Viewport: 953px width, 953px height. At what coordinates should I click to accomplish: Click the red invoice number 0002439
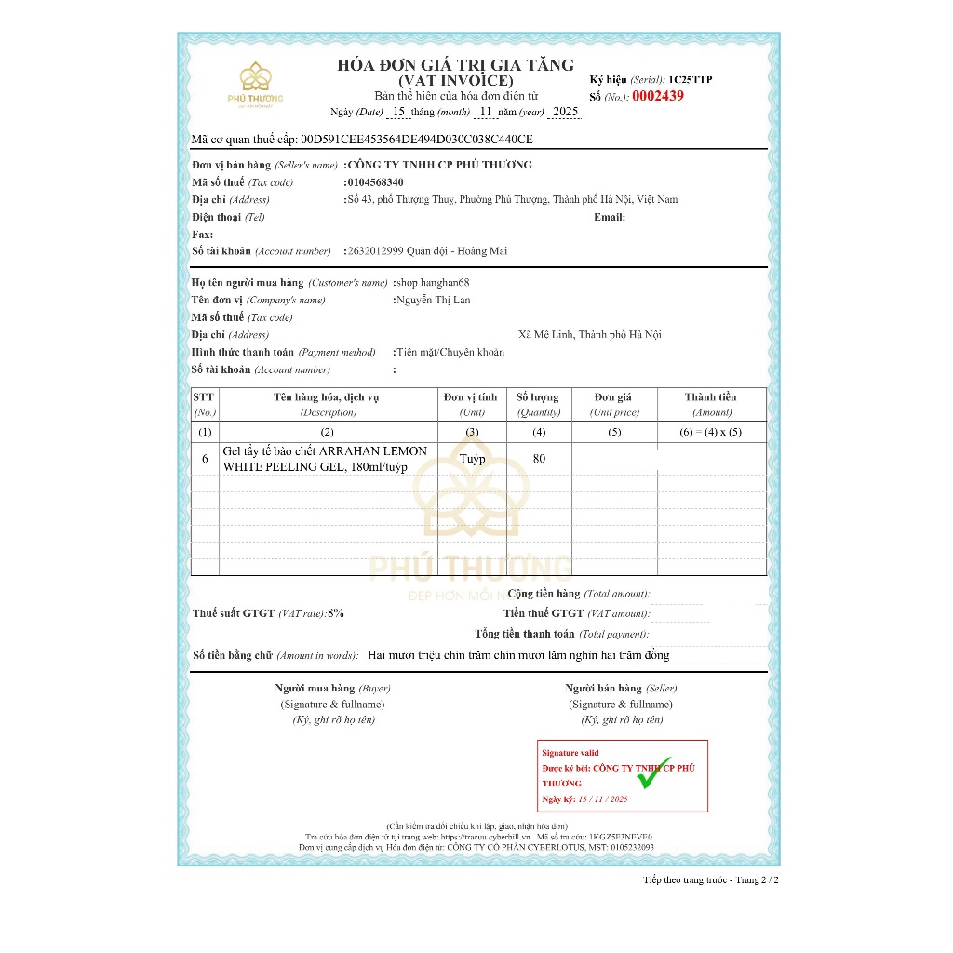pyautogui.click(x=657, y=96)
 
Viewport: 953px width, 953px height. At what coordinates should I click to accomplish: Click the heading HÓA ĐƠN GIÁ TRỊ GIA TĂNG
pyautogui.click(x=455, y=65)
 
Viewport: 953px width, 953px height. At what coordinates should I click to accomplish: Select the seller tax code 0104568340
pyautogui.click(x=374, y=182)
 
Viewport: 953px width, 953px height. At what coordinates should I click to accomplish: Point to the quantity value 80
pyautogui.click(x=539, y=459)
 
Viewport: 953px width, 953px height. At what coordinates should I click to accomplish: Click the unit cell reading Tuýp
pyautogui.click(x=472, y=459)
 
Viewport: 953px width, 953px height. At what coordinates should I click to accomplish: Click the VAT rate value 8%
pyautogui.click(x=336, y=613)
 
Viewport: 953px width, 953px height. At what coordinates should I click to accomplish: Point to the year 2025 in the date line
pyautogui.click(x=565, y=112)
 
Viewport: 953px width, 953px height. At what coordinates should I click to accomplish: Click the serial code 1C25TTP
pyautogui.click(x=690, y=80)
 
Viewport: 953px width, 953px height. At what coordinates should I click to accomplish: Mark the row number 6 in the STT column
pyautogui.click(x=205, y=459)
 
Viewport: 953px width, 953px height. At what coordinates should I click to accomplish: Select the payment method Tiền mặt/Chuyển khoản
pyautogui.click(x=450, y=352)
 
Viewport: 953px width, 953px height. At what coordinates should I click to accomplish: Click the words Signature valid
pyautogui.click(x=570, y=753)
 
